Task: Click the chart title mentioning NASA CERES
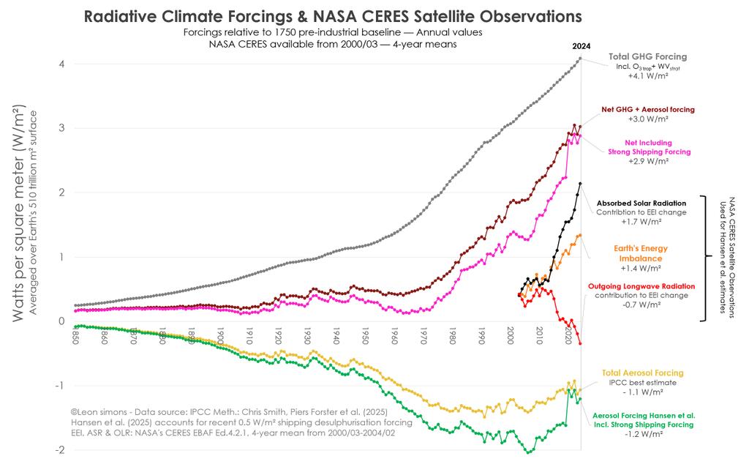click(x=333, y=16)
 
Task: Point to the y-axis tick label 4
click(x=63, y=64)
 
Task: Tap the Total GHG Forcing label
click(x=647, y=56)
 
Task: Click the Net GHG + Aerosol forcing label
click(x=647, y=109)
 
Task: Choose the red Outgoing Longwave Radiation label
click(x=641, y=286)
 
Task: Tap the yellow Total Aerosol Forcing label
click(x=642, y=373)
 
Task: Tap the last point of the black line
click(x=580, y=184)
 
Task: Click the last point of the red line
click(x=580, y=343)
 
